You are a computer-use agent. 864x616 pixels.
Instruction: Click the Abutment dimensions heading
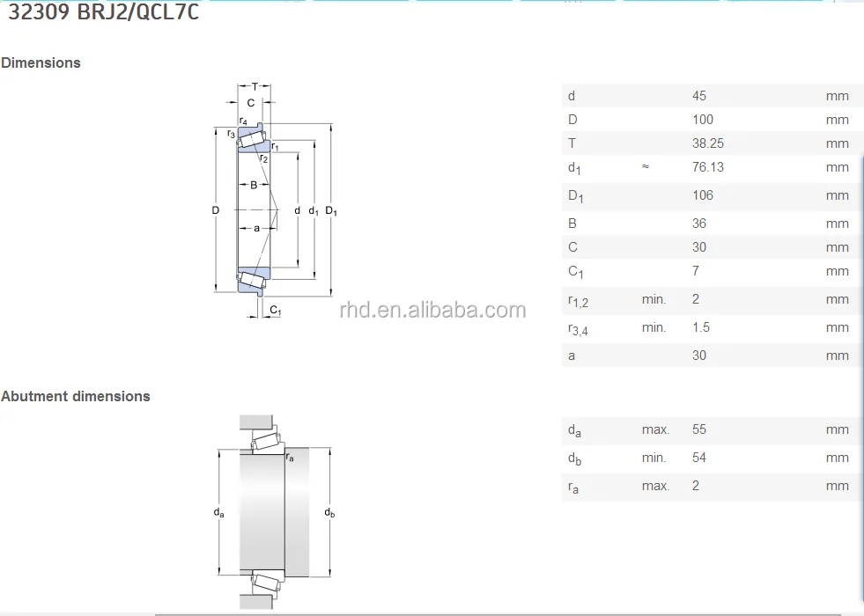(76, 396)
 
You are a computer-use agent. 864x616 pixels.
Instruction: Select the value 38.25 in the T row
(708, 143)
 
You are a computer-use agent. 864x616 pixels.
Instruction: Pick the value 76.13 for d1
(708, 166)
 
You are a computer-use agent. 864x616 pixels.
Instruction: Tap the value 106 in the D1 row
(703, 194)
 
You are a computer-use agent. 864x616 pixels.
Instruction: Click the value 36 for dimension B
(699, 223)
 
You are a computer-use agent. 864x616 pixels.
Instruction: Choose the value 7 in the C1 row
(696, 270)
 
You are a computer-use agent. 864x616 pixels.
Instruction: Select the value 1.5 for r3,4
(701, 326)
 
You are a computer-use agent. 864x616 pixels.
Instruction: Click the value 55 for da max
(699, 429)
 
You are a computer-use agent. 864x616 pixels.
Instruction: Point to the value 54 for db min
(699, 458)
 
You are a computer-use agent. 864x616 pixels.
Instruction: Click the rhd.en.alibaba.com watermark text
(432, 310)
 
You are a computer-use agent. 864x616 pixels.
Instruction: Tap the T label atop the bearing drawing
(255, 86)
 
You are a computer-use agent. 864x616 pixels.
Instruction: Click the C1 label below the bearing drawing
(275, 310)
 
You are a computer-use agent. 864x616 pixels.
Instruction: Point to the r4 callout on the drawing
(243, 121)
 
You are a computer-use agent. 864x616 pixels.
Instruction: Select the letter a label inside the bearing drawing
(256, 228)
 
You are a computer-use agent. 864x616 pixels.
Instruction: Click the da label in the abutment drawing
(218, 513)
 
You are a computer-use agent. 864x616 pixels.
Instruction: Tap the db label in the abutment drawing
(329, 513)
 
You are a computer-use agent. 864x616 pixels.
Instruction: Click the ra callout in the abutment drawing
(290, 456)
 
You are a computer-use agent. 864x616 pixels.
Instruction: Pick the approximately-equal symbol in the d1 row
(646, 166)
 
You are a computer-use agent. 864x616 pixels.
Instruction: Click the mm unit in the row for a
(837, 356)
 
